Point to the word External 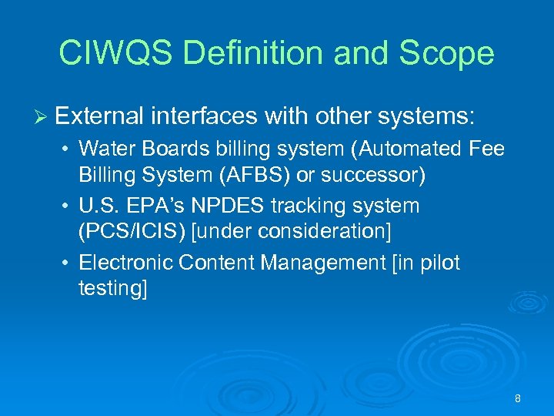point(99,116)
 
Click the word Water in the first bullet point(103,148)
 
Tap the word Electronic point(125,263)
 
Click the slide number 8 point(518,398)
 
